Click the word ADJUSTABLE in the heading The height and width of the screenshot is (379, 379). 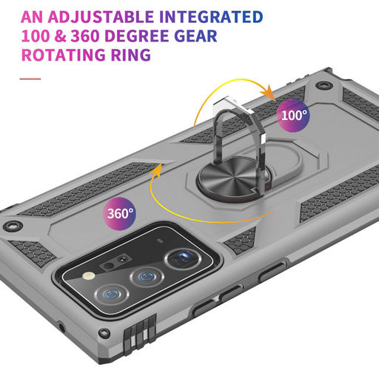click(x=101, y=17)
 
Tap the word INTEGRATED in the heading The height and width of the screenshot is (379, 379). click(x=211, y=17)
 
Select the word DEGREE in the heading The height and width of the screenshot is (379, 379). click(x=137, y=36)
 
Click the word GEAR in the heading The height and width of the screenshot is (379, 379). click(x=195, y=36)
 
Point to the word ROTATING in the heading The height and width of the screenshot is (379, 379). click(x=63, y=55)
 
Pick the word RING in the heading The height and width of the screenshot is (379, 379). click(x=130, y=55)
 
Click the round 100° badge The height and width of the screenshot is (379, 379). click(x=293, y=115)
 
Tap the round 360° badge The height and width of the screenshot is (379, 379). click(x=119, y=214)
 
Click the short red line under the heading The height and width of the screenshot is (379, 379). click(x=30, y=79)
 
